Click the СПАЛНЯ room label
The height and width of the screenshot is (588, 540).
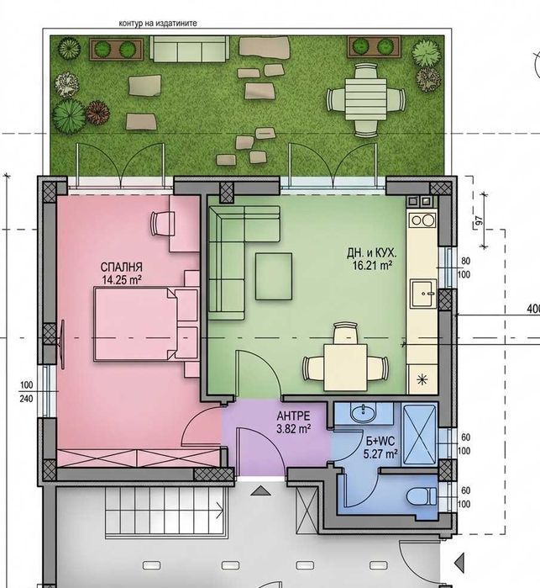pos(121,267)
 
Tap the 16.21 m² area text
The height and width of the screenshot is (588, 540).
pos(372,266)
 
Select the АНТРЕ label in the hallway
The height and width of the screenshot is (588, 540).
pos(294,416)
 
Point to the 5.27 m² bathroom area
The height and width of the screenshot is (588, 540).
pos(380,454)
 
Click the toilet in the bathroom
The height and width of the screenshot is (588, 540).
pos(422,496)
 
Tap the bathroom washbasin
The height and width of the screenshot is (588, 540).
pos(363,412)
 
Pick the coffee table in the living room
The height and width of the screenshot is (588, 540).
pos(274,277)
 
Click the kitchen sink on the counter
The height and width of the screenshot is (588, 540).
pos(423,294)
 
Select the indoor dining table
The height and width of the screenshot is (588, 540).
pos(346,368)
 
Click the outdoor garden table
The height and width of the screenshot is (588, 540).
pos(366,99)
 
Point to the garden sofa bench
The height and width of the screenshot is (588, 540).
pos(190,49)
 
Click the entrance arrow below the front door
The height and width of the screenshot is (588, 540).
pos(260,491)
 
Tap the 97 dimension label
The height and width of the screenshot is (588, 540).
pos(479,221)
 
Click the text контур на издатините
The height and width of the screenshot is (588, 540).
pos(158,24)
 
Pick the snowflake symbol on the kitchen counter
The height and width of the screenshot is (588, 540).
pos(422,379)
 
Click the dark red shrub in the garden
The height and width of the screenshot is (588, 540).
pos(97,113)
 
